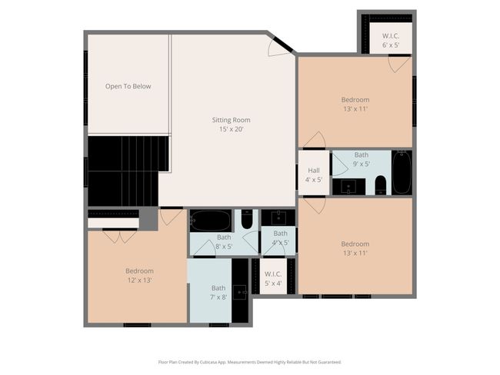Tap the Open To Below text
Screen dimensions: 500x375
point(128,86)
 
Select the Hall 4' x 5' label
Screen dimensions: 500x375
point(314,175)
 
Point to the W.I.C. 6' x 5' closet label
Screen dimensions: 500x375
point(391,41)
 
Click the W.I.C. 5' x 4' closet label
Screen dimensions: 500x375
point(273,278)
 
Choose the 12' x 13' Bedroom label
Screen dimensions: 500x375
point(139,276)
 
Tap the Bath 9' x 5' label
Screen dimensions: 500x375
point(362,159)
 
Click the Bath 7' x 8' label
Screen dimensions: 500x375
point(218,293)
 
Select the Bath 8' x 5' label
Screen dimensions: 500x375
point(224,242)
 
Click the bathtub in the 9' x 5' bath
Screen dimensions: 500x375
point(402,172)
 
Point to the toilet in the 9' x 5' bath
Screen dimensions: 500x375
point(381,185)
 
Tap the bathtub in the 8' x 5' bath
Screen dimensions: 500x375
point(211,221)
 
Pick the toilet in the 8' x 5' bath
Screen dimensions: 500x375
point(247,219)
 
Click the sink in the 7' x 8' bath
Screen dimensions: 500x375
point(240,292)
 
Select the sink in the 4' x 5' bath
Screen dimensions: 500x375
point(278,217)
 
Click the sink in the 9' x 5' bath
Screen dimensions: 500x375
point(348,187)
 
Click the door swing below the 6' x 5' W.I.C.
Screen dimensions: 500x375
point(398,64)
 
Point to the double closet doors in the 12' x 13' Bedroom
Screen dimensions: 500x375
point(119,237)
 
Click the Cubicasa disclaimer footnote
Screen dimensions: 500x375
point(250,362)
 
